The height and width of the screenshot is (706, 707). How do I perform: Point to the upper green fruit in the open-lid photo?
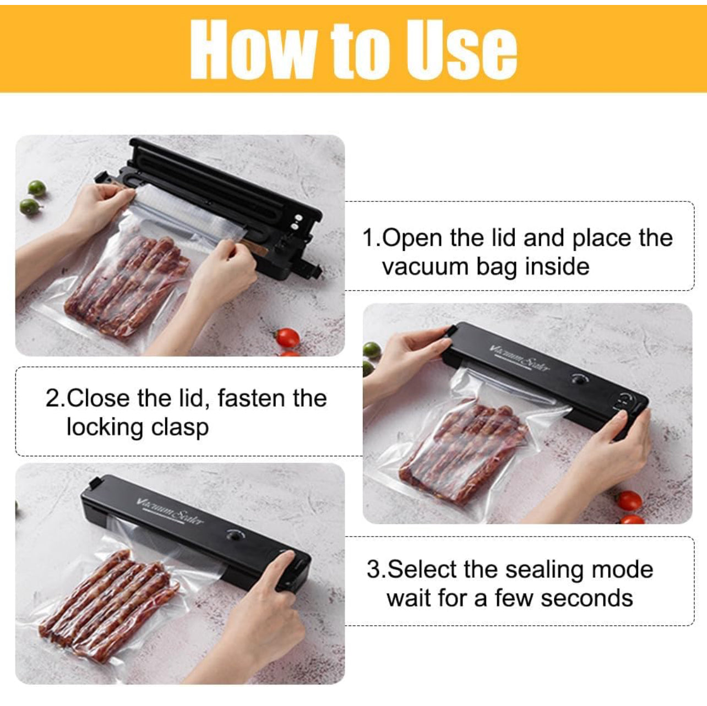[37, 189]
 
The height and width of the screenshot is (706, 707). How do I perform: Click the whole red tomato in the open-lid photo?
[287, 338]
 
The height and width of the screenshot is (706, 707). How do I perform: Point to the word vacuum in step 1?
[425, 266]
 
